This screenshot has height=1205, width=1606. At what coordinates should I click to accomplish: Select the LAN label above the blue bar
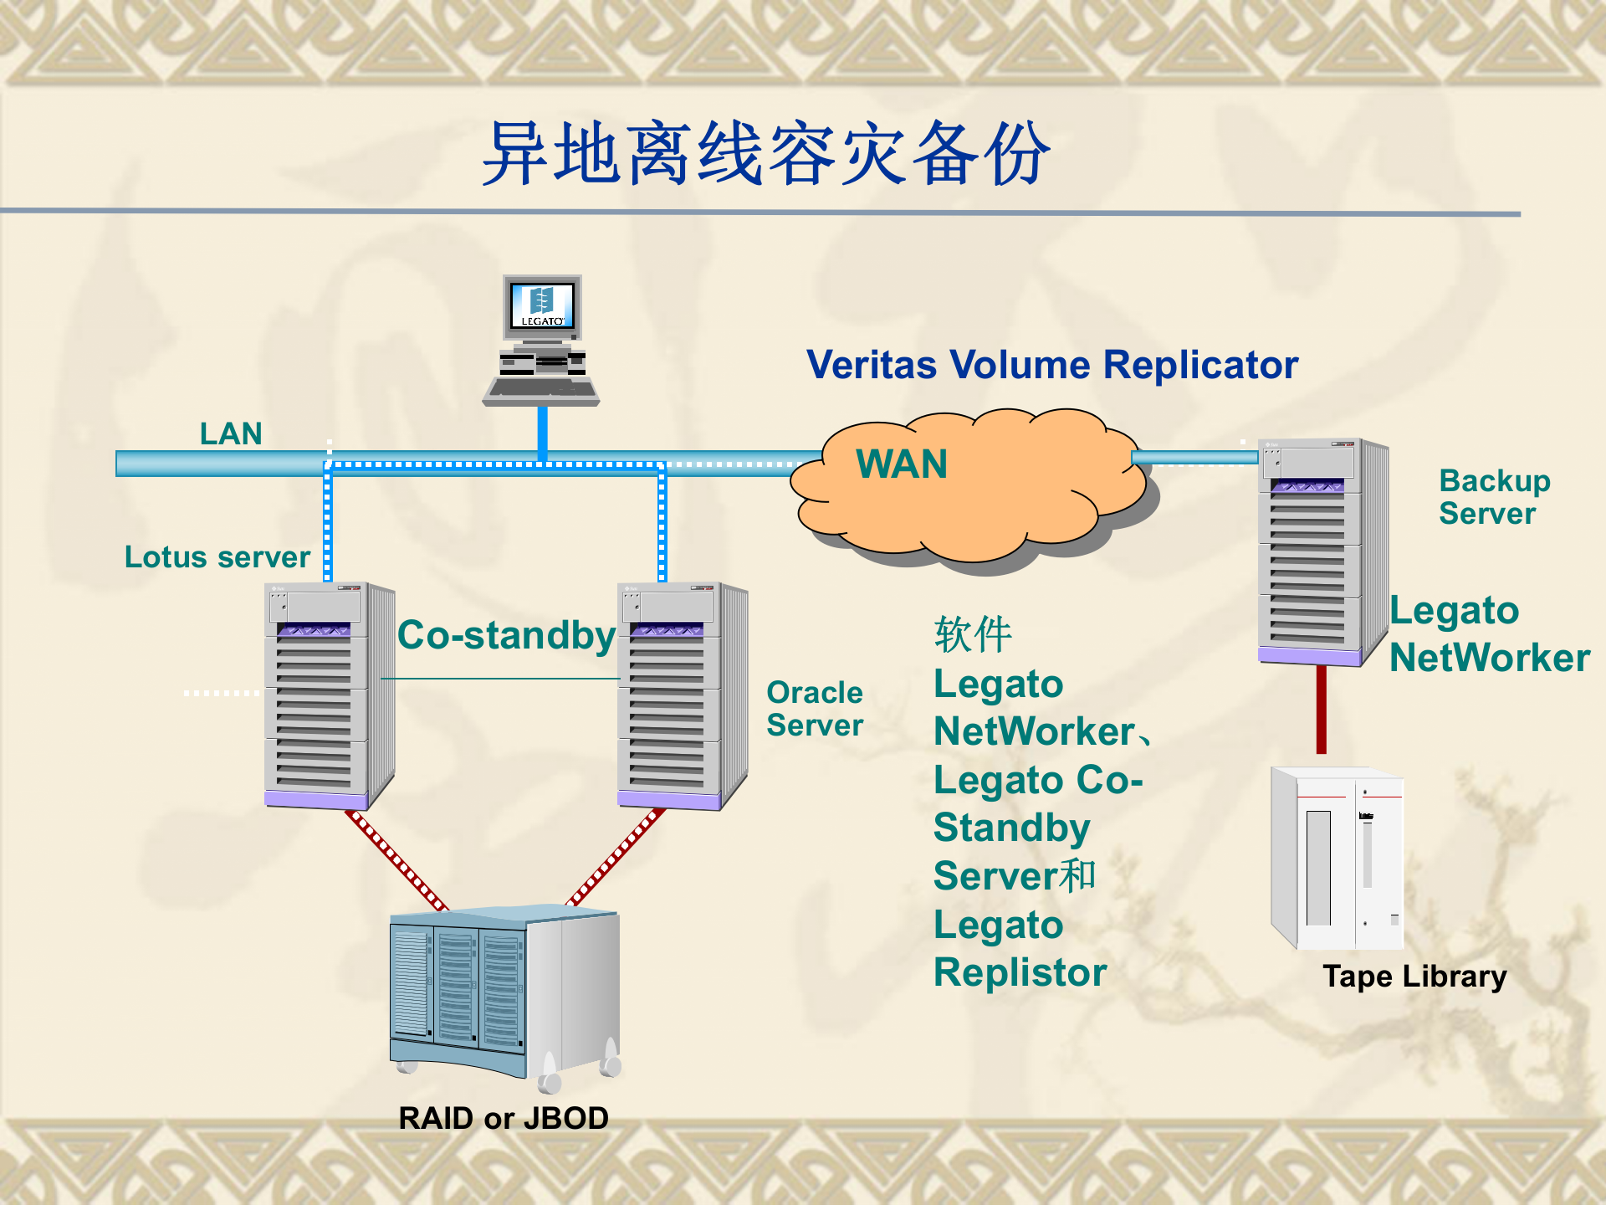231,433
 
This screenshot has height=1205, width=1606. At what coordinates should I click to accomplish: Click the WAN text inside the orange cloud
902,464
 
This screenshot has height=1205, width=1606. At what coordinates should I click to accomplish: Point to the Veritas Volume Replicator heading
1051,365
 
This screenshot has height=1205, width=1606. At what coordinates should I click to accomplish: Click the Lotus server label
217,557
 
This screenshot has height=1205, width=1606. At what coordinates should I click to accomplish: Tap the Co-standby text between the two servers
506,635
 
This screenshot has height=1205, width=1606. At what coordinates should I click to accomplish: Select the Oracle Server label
814,709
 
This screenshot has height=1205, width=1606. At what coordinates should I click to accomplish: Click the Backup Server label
1494,497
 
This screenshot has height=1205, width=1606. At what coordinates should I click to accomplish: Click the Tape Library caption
1414,977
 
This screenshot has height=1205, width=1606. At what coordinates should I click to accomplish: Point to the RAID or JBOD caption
503,1119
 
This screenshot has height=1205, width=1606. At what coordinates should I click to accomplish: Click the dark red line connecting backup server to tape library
1321,710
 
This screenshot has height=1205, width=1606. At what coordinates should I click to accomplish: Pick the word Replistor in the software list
1020,972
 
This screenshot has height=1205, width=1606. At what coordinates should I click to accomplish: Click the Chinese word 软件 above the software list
973,634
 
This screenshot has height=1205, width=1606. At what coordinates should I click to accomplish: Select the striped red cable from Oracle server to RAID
616,857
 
